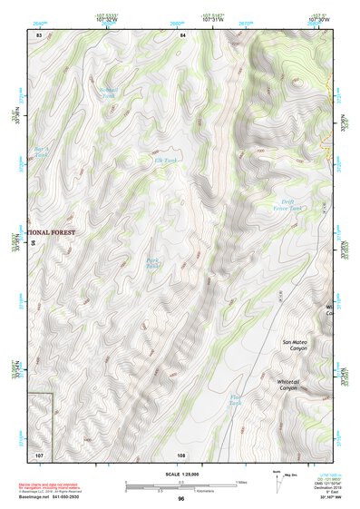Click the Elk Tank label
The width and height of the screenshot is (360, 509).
pos(163,160)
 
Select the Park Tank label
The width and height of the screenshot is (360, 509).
pos(153,263)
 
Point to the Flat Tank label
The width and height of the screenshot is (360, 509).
pos(236,400)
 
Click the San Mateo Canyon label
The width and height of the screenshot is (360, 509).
pos(294,349)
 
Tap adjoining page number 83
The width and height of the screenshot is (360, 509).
pos(39,34)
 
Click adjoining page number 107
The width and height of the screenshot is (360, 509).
pos(39,453)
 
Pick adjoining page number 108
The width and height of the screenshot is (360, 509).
pos(181,453)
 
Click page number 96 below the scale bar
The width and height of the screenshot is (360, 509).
pos(181,499)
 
